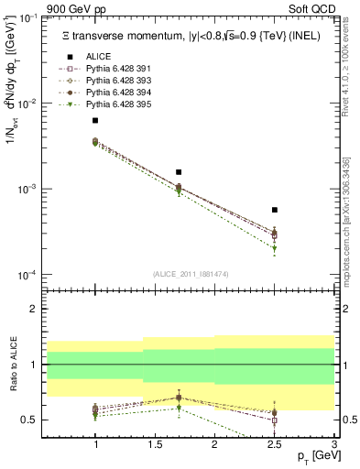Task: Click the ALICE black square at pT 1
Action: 95,121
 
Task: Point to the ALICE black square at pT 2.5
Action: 274,210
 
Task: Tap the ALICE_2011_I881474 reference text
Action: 191,274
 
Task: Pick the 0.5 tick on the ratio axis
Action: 32,420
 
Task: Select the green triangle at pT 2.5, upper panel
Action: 274,248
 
